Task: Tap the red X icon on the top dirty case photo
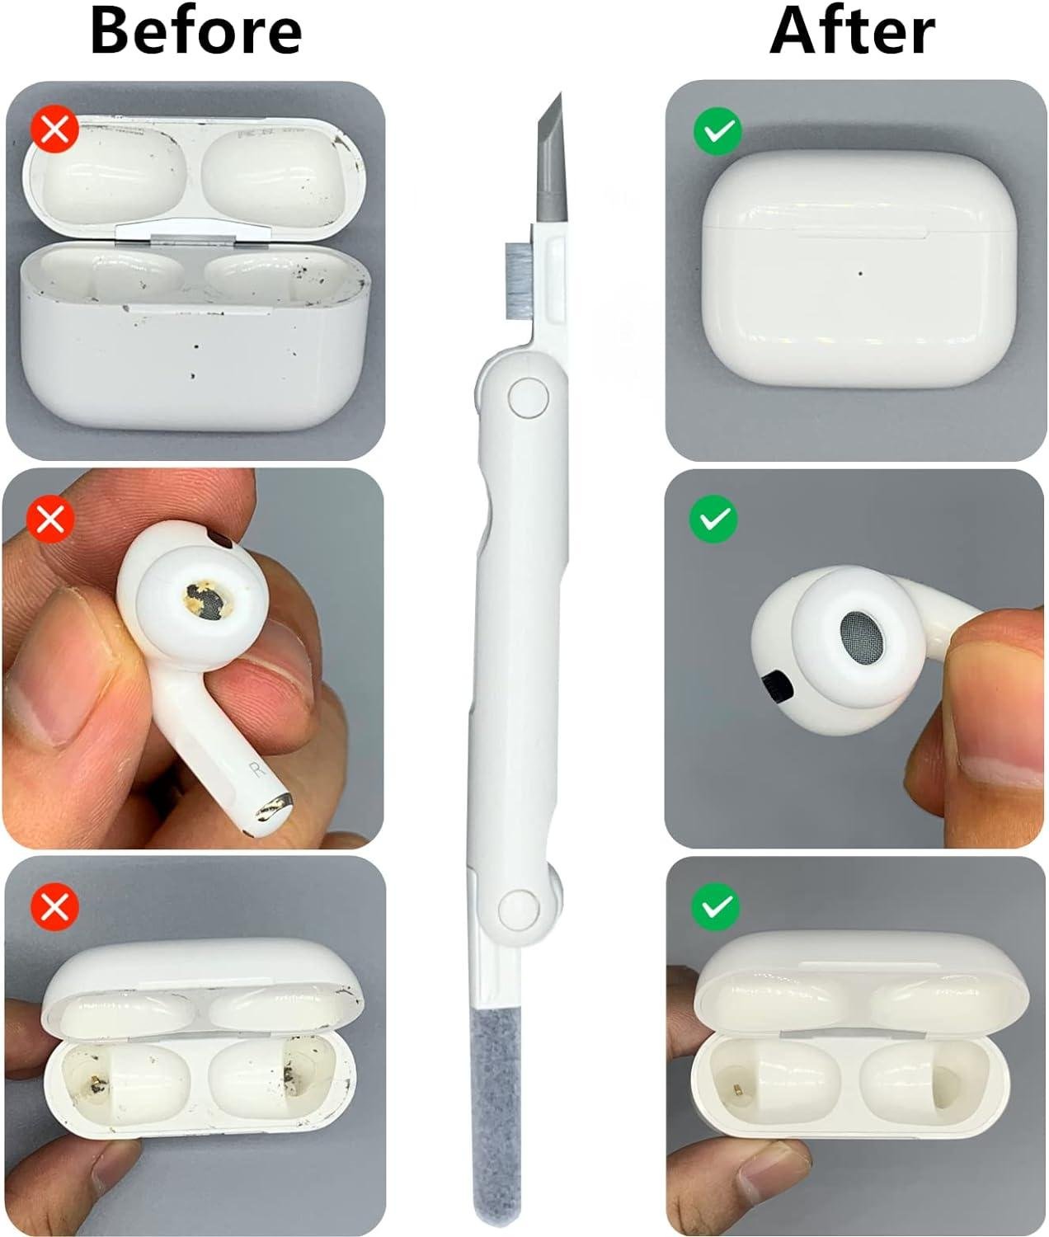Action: click(55, 129)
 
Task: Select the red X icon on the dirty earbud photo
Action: click(51, 518)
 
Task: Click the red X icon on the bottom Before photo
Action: click(54, 907)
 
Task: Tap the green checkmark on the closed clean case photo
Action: click(717, 131)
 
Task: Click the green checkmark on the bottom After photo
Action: click(716, 907)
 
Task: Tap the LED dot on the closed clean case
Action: click(861, 274)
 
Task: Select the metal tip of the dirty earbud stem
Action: click(274, 807)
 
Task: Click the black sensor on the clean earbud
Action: click(778, 686)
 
